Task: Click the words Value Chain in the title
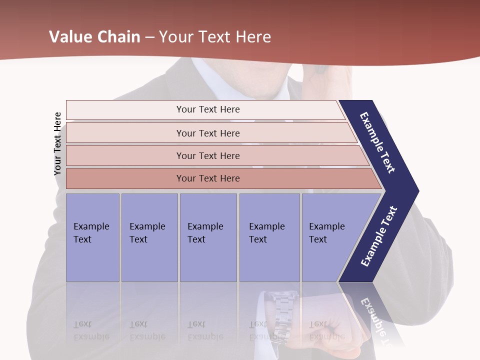94,37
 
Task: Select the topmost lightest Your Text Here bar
207,109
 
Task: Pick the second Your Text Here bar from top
207,133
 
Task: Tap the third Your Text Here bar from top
207,155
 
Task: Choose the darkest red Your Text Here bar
207,178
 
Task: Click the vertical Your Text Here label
57,143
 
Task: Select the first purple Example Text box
92,237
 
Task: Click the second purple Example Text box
149,237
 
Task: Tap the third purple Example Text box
207,237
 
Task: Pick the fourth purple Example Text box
269,237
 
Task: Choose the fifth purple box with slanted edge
330,237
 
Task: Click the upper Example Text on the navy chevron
377,142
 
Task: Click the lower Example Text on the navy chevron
379,236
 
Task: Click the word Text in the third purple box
196,239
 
